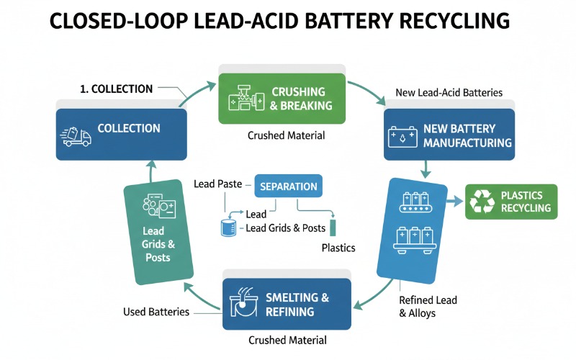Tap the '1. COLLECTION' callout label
click(116, 89)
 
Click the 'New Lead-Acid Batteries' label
click(449, 94)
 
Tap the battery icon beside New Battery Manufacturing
click(402, 135)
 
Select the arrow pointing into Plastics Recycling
click(453, 202)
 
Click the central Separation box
click(288, 186)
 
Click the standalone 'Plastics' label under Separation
click(338, 248)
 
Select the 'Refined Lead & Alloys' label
click(428, 306)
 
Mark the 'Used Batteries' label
click(156, 312)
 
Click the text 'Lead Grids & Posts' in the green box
click(153, 244)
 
